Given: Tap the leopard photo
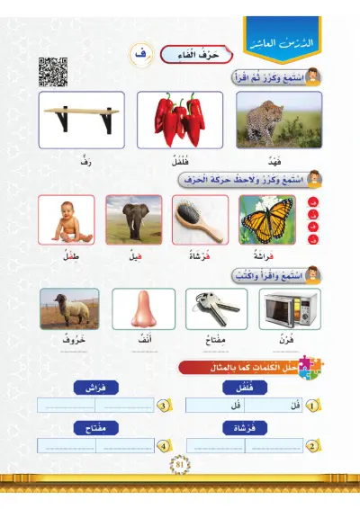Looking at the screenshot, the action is [278, 121].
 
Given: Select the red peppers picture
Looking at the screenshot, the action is [180, 121].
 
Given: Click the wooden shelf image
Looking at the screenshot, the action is [81, 121].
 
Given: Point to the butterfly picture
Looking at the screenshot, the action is [268, 219].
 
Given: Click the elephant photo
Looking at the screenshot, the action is [133, 219].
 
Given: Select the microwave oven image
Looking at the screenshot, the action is [288, 309].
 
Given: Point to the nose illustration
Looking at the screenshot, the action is [142, 310].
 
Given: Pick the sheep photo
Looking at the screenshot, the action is [68, 309].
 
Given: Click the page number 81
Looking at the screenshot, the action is [179, 464].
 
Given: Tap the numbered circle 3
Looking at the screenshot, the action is [163, 406].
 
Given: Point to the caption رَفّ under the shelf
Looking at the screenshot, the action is [85, 164].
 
